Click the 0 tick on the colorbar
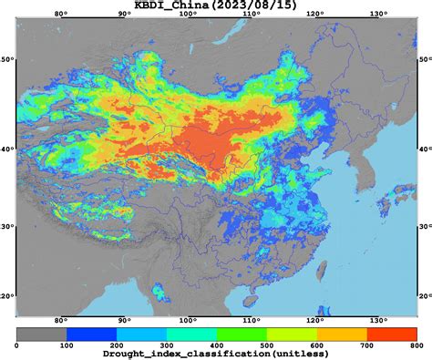17,345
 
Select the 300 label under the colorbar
167,345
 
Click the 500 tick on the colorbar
266,345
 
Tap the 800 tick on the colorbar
416,345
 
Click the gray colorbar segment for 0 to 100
42,334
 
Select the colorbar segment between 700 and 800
391,334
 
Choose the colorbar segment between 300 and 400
191,334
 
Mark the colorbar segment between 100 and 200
92,334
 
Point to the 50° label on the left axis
7,59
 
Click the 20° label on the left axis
7,296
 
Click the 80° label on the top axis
61,15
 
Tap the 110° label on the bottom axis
252,320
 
